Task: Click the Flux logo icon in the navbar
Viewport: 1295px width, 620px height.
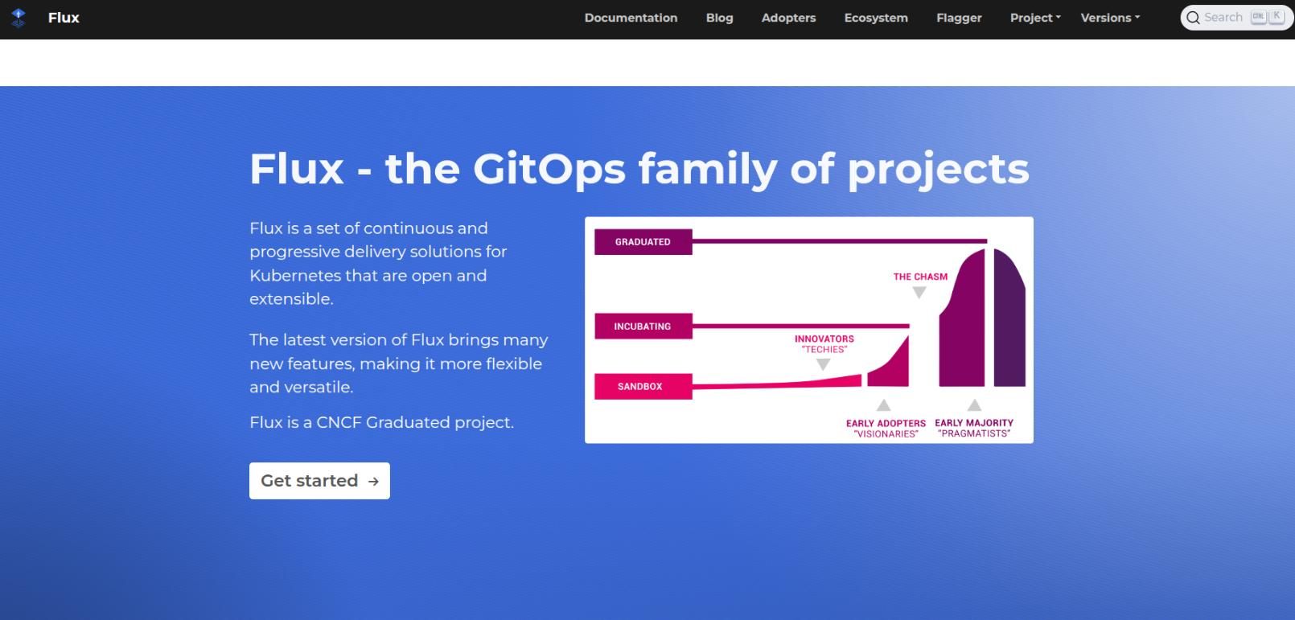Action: (x=18, y=18)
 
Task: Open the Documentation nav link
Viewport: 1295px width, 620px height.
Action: (x=631, y=18)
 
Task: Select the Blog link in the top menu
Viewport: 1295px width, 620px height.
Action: (x=719, y=18)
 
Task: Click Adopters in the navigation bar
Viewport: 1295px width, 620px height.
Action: (x=788, y=18)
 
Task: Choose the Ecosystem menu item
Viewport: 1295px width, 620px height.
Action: (x=876, y=18)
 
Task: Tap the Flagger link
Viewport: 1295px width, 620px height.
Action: (x=959, y=18)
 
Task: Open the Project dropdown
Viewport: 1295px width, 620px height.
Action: (x=1035, y=18)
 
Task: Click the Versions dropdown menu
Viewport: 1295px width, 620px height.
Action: (x=1110, y=18)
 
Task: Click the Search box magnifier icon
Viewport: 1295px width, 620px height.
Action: (x=1193, y=18)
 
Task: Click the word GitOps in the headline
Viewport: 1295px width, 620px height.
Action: (x=549, y=170)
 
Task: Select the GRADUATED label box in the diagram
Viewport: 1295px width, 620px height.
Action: (x=643, y=241)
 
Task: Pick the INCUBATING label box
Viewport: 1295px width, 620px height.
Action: (x=643, y=326)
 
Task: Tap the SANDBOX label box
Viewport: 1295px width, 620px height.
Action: (x=643, y=387)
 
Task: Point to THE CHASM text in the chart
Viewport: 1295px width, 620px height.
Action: (x=920, y=277)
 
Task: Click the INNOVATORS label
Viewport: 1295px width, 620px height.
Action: (x=824, y=339)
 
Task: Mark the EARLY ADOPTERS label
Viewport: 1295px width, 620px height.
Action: (x=886, y=423)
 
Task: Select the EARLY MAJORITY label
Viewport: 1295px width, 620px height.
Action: (x=974, y=423)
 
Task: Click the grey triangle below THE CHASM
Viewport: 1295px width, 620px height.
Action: (x=919, y=293)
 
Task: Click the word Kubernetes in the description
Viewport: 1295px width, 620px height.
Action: (x=295, y=276)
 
